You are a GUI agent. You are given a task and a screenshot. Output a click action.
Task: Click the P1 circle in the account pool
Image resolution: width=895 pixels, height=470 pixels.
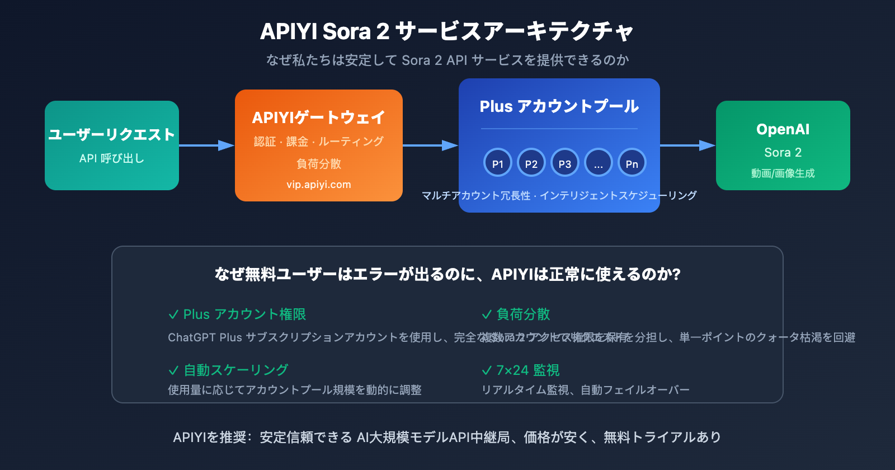click(x=498, y=163)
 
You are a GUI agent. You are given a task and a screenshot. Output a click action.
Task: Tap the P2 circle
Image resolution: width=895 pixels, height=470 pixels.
click(x=531, y=163)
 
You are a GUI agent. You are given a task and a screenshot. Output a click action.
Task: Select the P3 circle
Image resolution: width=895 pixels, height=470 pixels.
click(x=565, y=163)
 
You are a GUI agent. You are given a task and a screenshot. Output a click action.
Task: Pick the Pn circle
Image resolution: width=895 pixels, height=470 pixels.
click(x=632, y=163)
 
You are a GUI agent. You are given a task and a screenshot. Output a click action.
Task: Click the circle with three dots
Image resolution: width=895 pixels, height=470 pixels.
click(x=599, y=163)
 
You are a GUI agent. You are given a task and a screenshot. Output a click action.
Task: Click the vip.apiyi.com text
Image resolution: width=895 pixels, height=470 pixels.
click(x=319, y=185)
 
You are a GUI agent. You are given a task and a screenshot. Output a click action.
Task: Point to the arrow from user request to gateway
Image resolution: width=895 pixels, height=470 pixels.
click(x=206, y=145)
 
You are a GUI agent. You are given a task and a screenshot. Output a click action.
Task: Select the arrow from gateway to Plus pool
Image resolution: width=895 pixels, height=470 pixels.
click(x=430, y=145)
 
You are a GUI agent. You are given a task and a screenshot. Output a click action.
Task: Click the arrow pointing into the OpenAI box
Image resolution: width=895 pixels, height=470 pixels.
click(x=687, y=145)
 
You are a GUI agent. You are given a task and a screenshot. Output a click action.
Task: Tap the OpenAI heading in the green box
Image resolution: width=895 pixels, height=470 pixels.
click(x=783, y=129)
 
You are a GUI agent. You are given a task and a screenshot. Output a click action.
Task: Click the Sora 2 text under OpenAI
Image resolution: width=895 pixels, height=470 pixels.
click(x=783, y=152)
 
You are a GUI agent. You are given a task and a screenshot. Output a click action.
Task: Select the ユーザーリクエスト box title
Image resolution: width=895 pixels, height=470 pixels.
click(x=112, y=135)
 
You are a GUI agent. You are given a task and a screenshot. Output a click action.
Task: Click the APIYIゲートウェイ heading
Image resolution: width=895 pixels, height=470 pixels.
click(x=319, y=117)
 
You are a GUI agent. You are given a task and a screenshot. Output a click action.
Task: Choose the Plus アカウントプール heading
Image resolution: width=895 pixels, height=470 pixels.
click(x=559, y=106)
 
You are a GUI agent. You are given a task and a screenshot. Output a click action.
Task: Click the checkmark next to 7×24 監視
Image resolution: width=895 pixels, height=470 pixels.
click(x=487, y=370)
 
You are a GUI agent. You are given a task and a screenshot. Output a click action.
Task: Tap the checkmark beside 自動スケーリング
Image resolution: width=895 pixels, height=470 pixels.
click(x=173, y=370)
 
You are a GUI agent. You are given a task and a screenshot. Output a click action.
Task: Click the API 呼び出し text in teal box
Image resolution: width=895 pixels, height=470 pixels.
click(x=112, y=158)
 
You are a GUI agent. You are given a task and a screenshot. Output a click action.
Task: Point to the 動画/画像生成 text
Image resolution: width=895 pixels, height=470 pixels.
click(x=783, y=173)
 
